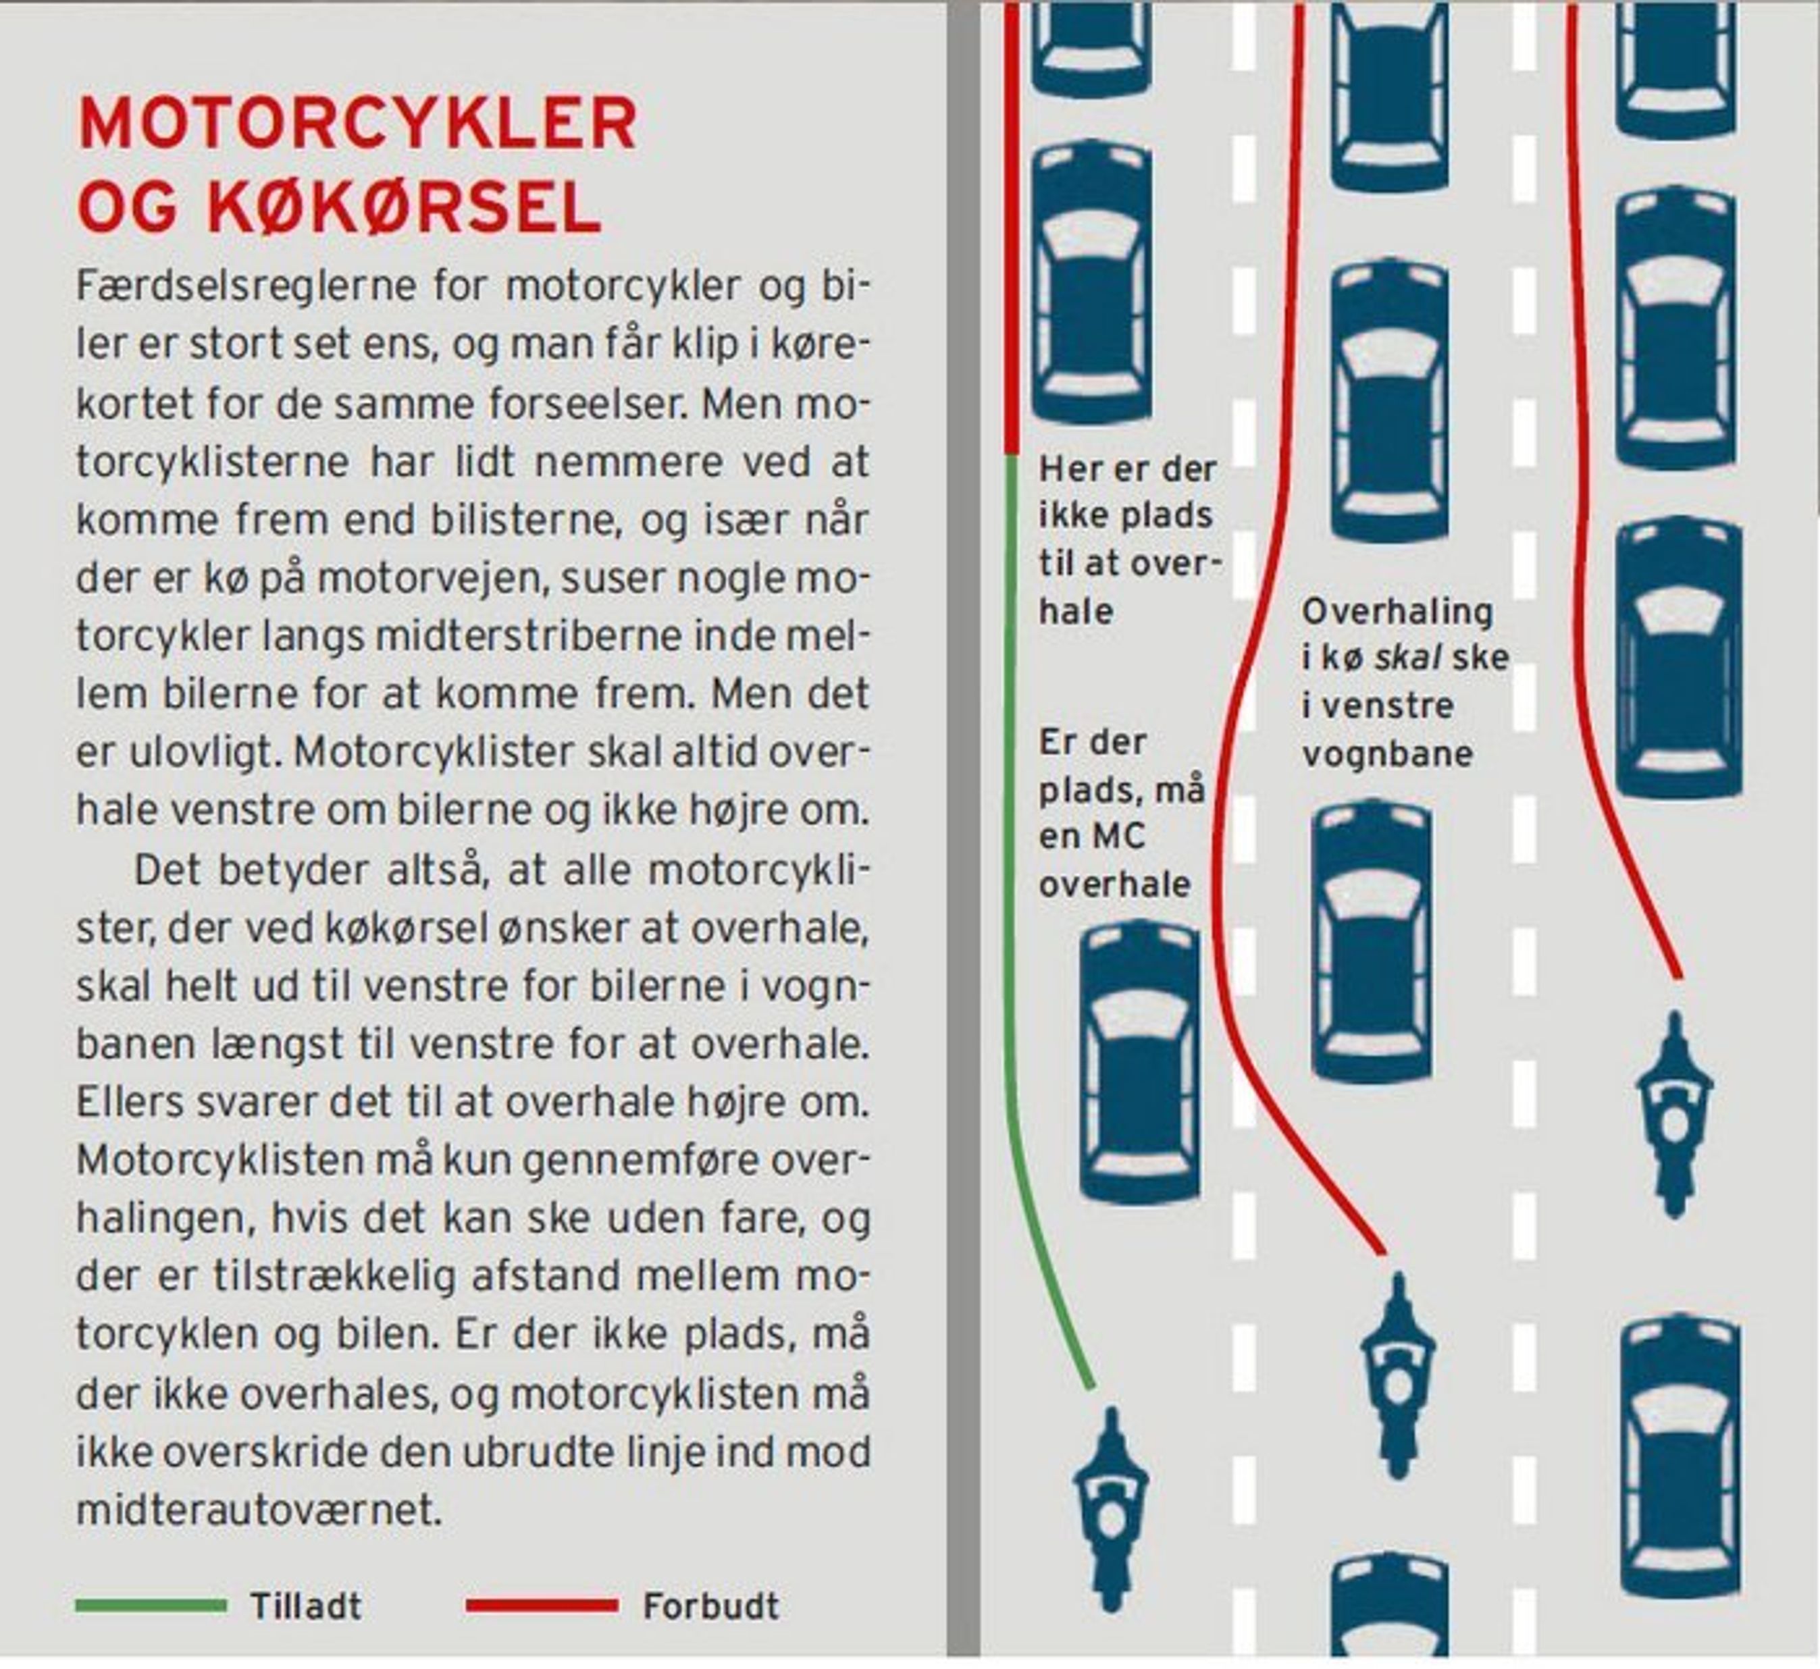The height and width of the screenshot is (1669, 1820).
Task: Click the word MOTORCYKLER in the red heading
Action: [x=358, y=123]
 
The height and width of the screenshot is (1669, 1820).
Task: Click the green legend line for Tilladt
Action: [x=151, y=1605]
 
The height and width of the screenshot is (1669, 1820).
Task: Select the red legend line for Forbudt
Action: [x=542, y=1605]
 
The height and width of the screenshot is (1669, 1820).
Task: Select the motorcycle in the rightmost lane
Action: [x=1675, y=1113]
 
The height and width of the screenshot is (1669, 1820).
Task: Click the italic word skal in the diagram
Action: [x=1408, y=658]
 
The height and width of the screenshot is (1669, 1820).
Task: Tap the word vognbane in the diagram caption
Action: [x=1386, y=754]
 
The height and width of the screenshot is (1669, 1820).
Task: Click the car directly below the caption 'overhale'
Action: [x=1140, y=1062]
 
